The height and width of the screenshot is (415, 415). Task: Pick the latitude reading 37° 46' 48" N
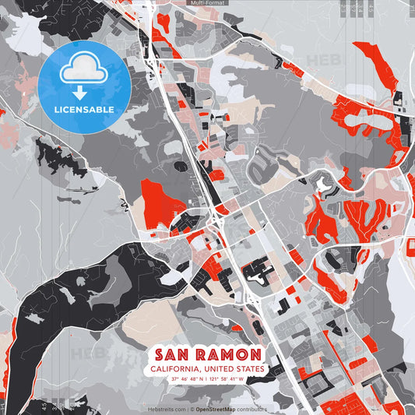pyautogui.click(x=188, y=379)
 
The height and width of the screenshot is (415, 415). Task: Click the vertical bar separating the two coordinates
pyautogui.click(x=208, y=379)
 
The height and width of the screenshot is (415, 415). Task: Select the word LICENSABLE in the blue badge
pyautogui.click(x=84, y=109)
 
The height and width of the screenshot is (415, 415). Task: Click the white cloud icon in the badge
pyautogui.click(x=84, y=71)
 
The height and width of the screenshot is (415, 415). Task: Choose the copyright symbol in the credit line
pyautogui.click(x=191, y=409)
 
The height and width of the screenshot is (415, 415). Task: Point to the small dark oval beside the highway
pyautogui.click(x=181, y=166)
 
